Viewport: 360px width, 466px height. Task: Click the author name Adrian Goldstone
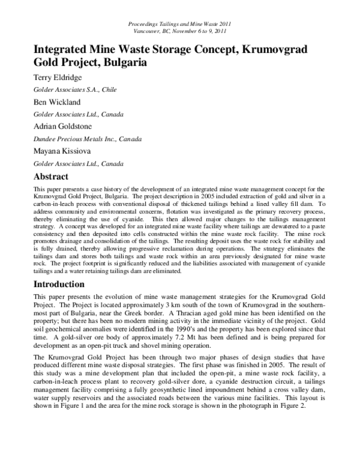(65, 126)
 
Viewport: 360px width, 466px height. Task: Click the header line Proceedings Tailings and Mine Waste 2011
(179, 23)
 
